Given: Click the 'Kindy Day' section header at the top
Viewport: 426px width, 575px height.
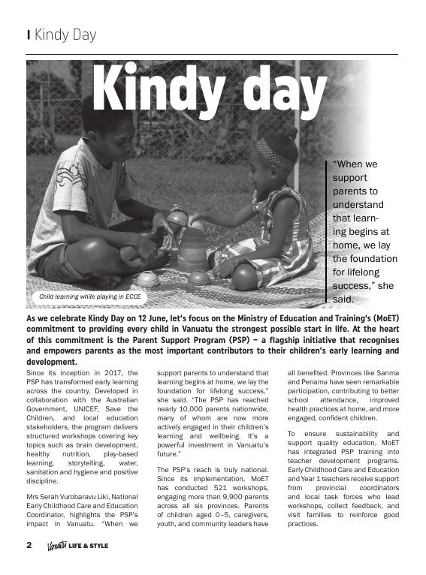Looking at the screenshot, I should point(65,35).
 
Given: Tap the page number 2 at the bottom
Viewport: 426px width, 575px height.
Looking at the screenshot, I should point(29,545).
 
